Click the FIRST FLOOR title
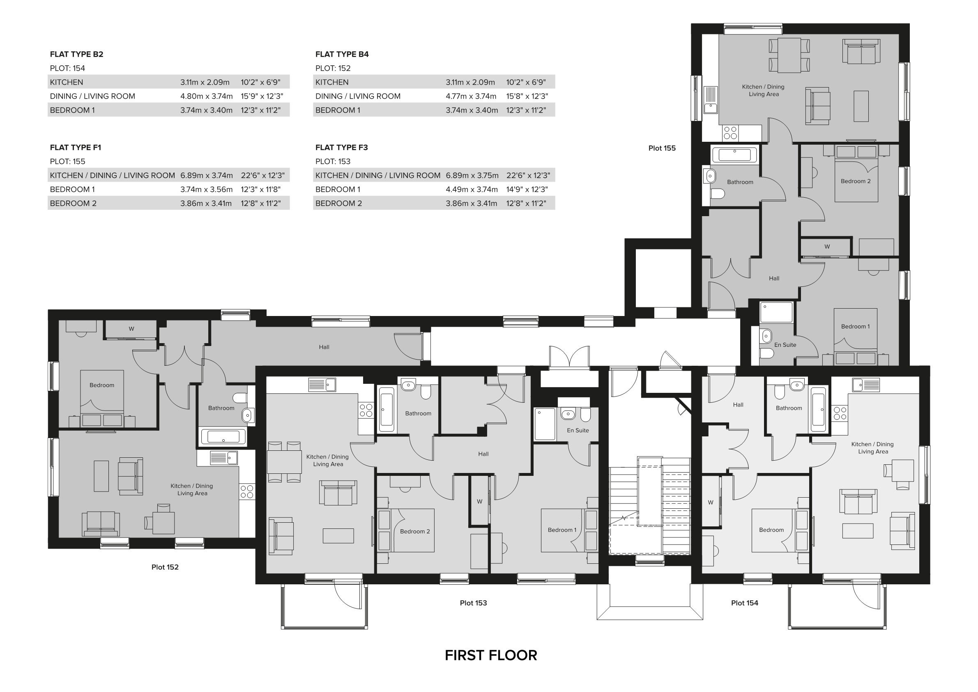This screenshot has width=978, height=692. point(491,655)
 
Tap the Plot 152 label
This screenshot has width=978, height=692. point(165,567)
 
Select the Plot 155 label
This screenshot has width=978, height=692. point(661,148)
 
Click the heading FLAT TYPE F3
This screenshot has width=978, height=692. point(341,148)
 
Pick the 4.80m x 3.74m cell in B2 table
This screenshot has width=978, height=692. point(206,96)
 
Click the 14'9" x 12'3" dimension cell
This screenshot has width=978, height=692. point(527,189)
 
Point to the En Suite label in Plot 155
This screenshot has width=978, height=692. point(785,345)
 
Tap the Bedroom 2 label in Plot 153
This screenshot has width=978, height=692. point(414,531)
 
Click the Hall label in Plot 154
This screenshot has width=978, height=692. point(738,405)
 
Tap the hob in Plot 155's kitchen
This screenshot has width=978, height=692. point(730,133)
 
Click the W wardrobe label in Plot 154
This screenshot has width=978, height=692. point(710,503)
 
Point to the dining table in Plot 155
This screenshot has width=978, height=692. point(789,55)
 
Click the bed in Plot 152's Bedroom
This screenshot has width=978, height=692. point(102,396)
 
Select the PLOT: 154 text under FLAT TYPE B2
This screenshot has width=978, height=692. point(67,68)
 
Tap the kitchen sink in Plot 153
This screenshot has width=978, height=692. point(322,385)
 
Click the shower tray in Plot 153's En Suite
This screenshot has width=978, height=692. point(545,424)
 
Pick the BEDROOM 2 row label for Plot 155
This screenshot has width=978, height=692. point(73,203)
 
